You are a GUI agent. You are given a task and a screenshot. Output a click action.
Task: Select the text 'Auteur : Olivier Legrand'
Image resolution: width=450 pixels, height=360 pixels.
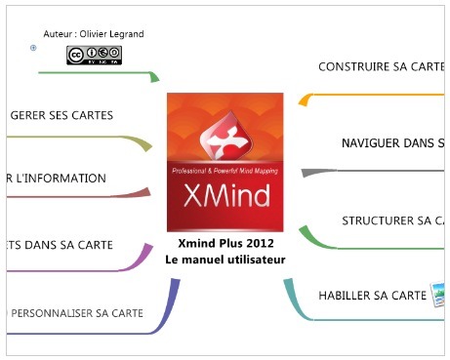[x=94, y=34]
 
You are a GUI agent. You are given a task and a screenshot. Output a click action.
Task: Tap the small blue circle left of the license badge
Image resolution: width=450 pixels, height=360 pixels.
[x=34, y=47]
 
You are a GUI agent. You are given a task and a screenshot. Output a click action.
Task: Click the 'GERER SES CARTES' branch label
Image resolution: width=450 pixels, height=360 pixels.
[x=61, y=115]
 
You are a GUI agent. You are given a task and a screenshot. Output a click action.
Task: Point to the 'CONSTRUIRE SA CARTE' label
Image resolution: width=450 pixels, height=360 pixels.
[x=382, y=67]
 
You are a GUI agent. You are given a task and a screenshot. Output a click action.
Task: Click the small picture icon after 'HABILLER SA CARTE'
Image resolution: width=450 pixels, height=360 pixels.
[x=438, y=293]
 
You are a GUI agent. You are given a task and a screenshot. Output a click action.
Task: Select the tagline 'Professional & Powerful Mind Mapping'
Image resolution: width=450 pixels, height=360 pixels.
[x=225, y=172]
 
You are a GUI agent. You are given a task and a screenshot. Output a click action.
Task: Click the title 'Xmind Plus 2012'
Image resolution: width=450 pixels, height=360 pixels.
[x=225, y=243]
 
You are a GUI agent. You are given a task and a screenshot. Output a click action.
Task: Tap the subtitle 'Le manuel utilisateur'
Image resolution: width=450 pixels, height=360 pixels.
[x=225, y=260]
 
